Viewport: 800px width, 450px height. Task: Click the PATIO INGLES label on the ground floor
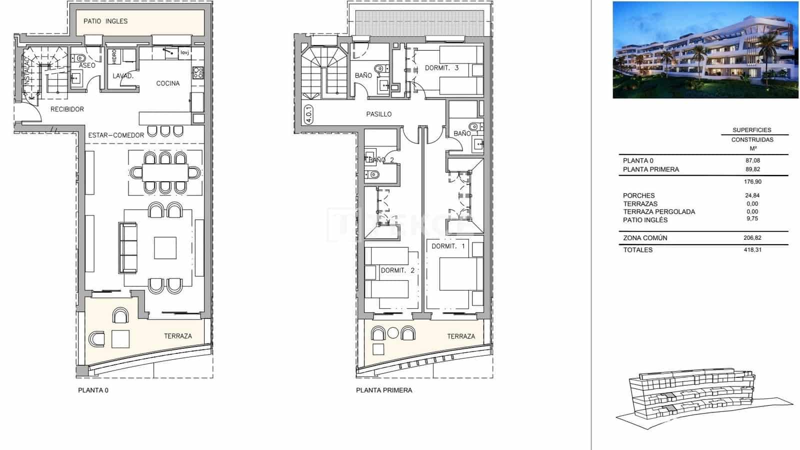click(x=105, y=21)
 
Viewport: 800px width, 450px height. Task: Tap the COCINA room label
click(x=168, y=83)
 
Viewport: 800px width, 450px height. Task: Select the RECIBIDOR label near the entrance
click(x=67, y=109)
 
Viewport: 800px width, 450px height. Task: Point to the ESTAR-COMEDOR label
click(x=116, y=135)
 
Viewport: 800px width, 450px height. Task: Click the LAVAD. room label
click(x=123, y=76)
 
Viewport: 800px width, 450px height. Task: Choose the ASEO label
click(x=87, y=66)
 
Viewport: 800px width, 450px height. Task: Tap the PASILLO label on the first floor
click(x=379, y=114)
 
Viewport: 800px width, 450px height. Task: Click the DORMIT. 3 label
click(x=441, y=68)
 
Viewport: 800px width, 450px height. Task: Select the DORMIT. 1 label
click(x=448, y=246)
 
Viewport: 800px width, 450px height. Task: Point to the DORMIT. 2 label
click(x=397, y=270)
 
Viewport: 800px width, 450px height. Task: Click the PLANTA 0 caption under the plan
click(x=93, y=390)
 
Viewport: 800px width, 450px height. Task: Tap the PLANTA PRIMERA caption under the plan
click(x=384, y=390)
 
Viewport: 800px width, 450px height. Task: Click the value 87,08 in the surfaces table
click(x=752, y=161)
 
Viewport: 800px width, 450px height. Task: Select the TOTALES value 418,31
click(x=752, y=250)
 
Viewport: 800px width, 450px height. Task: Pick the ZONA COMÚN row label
click(x=645, y=238)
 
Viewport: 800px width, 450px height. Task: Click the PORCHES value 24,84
click(x=752, y=196)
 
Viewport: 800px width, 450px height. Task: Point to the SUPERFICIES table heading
click(x=752, y=130)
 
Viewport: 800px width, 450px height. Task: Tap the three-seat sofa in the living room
click(x=128, y=247)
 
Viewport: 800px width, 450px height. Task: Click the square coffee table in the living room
click(x=165, y=248)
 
